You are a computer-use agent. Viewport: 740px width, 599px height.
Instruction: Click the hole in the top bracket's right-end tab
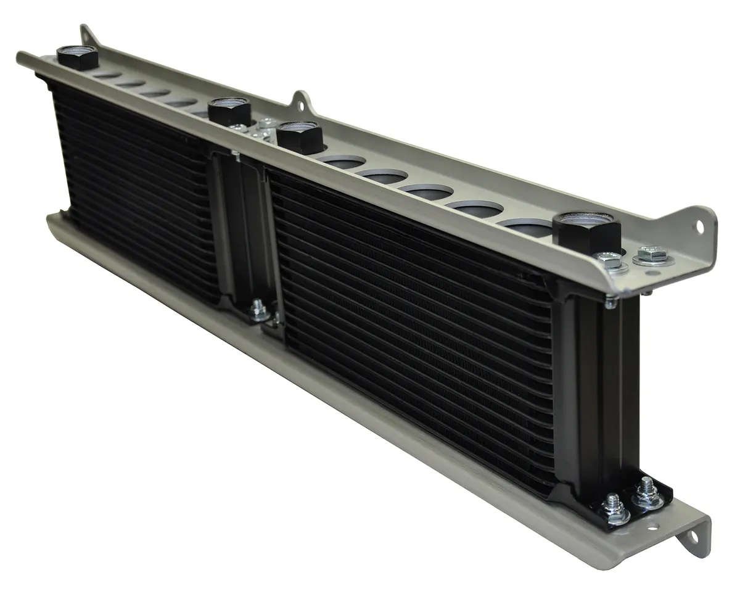coord(700,226)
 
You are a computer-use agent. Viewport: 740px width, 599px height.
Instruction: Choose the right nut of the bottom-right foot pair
coord(646,494)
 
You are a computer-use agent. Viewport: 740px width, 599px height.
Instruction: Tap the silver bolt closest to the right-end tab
coord(651,254)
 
